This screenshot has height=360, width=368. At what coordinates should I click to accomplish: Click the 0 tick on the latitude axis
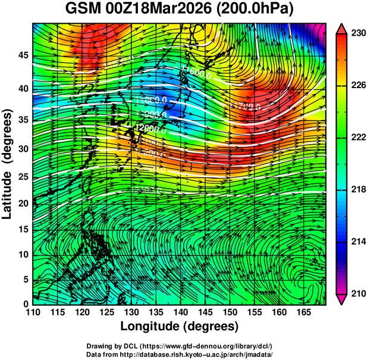pos(24,304)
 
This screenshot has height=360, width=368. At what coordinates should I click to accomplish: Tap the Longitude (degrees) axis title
pos(180,326)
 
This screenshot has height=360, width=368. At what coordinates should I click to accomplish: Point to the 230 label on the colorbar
pos(357,34)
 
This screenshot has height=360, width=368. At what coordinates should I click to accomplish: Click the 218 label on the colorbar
pos(357,189)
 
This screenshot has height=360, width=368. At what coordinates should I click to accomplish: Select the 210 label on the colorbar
pos(357,293)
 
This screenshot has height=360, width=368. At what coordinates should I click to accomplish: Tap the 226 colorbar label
pos(357,86)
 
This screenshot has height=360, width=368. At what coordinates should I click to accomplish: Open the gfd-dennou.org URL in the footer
pos(203,346)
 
